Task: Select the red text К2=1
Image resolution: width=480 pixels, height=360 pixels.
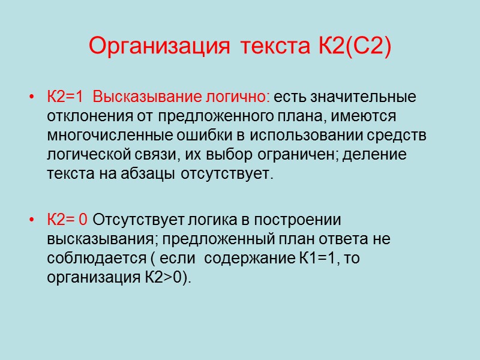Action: point(66,97)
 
